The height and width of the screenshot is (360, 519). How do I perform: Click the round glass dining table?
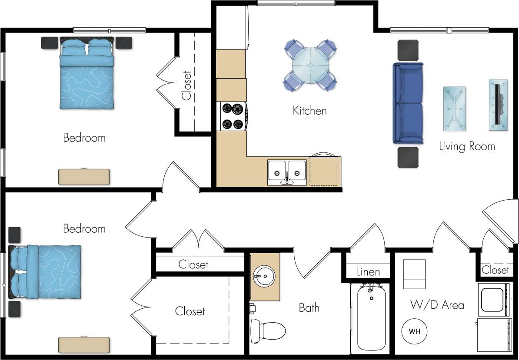pyautogui.click(x=311, y=65)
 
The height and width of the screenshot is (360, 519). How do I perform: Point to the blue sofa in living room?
pyautogui.click(x=408, y=103)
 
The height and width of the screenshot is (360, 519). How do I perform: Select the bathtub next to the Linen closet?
pyautogui.click(x=371, y=318)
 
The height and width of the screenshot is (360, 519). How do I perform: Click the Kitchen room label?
pyautogui.click(x=309, y=111)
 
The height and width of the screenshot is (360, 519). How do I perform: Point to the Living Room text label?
pyautogui.click(x=467, y=146)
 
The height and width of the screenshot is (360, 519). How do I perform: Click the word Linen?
pyautogui.click(x=368, y=272)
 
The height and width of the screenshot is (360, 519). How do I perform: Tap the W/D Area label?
pyautogui.click(x=437, y=305)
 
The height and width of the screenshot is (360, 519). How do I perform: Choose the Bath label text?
pyautogui.click(x=309, y=308)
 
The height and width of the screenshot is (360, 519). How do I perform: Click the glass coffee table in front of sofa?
pyautogui.click(x=454, y=109)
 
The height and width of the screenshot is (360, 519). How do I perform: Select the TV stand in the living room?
pyautogui.click(x=498, y=105)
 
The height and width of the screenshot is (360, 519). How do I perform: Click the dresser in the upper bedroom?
pyautogui.click(x=84, y=177)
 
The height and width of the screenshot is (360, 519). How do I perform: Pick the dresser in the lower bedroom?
pyautogui.click(x=84, y=345)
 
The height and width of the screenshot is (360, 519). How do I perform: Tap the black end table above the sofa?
pyautogui.click(x=408, y=50)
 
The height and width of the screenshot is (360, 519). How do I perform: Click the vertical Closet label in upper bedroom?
pyautogui.click(x=186, y=86)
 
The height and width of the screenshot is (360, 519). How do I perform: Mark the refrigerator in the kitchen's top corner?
pyautogui.click(x=231, y=27)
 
